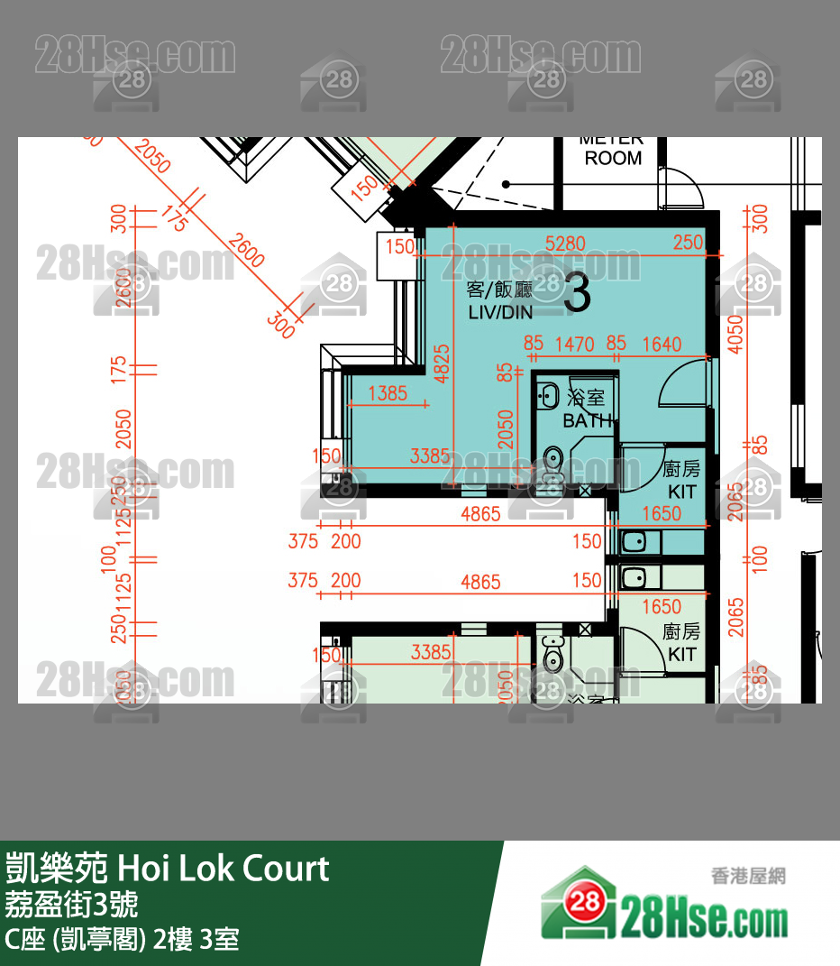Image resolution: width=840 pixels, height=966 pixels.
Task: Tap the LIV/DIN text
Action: click(x=500, y=313)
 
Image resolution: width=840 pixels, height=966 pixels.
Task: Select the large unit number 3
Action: click(x=577, y=293)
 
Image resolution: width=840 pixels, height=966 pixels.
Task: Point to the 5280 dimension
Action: click(x=566, y=244)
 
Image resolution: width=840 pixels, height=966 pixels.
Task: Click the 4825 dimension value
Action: click(x=442, y=363)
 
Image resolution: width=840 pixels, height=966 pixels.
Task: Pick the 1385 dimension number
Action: click(x=388, y=393)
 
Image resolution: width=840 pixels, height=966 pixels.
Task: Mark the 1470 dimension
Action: click(x=574, y=344)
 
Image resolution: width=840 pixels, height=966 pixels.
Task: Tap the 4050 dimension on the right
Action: click(x=736, y=334)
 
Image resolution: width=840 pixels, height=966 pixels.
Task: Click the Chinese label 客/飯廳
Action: click(x=500, y=290)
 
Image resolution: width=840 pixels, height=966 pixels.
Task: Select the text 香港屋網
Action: click(x=748, y=876)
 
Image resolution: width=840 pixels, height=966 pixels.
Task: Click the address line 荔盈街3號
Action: click(x=71, y=904)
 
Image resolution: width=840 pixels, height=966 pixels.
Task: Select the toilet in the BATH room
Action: click(x=552, y=460)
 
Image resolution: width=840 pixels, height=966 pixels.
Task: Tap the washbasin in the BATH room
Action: click(x=548, y=396)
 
